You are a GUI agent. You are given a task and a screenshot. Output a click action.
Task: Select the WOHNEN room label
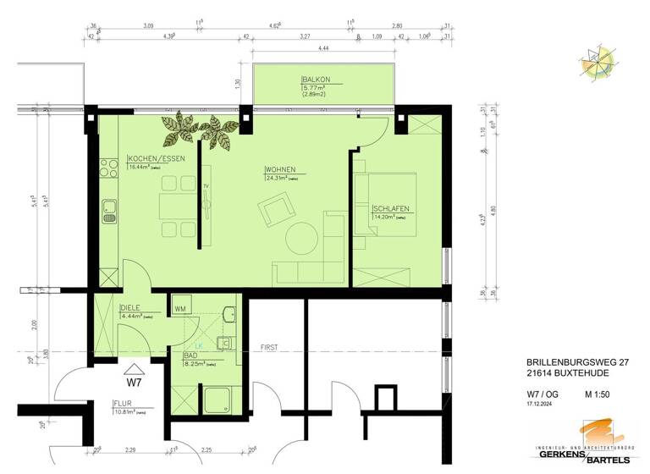280,169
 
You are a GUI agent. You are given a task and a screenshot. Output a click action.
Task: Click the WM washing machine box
180,309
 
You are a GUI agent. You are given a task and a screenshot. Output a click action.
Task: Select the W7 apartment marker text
133,371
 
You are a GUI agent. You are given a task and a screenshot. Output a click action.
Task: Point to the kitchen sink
109,211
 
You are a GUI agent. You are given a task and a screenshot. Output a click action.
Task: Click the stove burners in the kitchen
108,168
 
